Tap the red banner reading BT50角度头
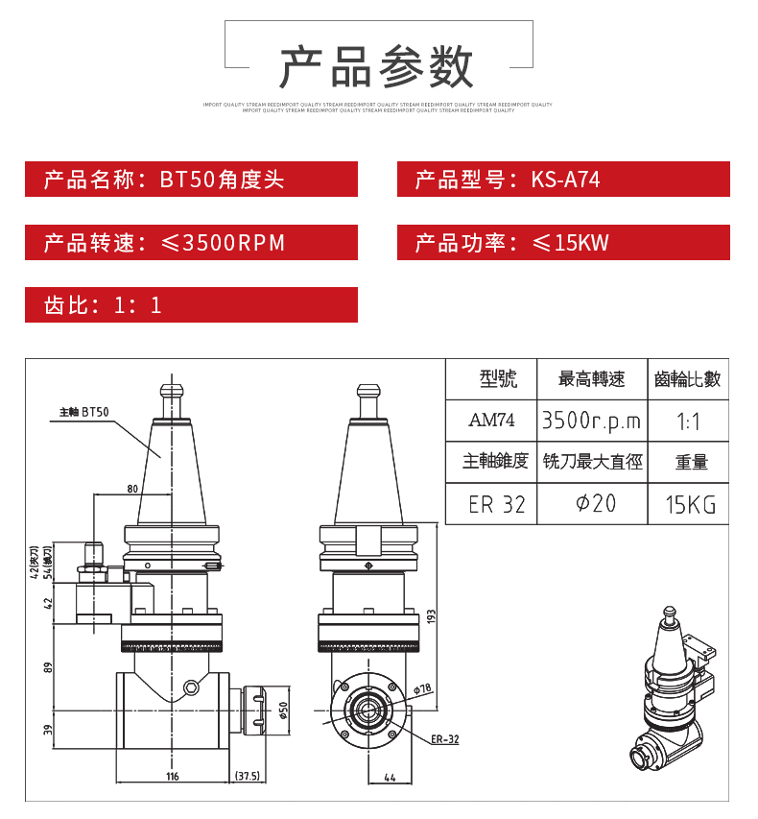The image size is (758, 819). pyautogui.click(x=191, y=180)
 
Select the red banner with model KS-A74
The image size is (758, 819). pyautogui.click(x=563, y=180)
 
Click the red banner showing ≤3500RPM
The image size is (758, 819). pyautogui.click(x=191, y=242)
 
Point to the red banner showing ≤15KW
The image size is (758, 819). pyautogui.click(x=563, y=242)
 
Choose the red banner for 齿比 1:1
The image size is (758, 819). pyautogui.click(x=191, y=304)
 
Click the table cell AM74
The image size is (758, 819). pyautogui.click(x=491, y=421)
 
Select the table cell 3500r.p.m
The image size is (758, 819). pyautogui.click(x=590, y=421)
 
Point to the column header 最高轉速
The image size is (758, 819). pyautogui.click(x=591, y=379)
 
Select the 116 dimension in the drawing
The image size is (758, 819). pyautogui.click(x=173, y=776)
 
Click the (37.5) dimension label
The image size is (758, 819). pyautogui.click(x=247, y=776)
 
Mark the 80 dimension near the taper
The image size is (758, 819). pyautogui.click(x=132, y=489)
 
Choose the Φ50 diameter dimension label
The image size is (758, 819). pyautogui.click(x=283, y=711)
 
